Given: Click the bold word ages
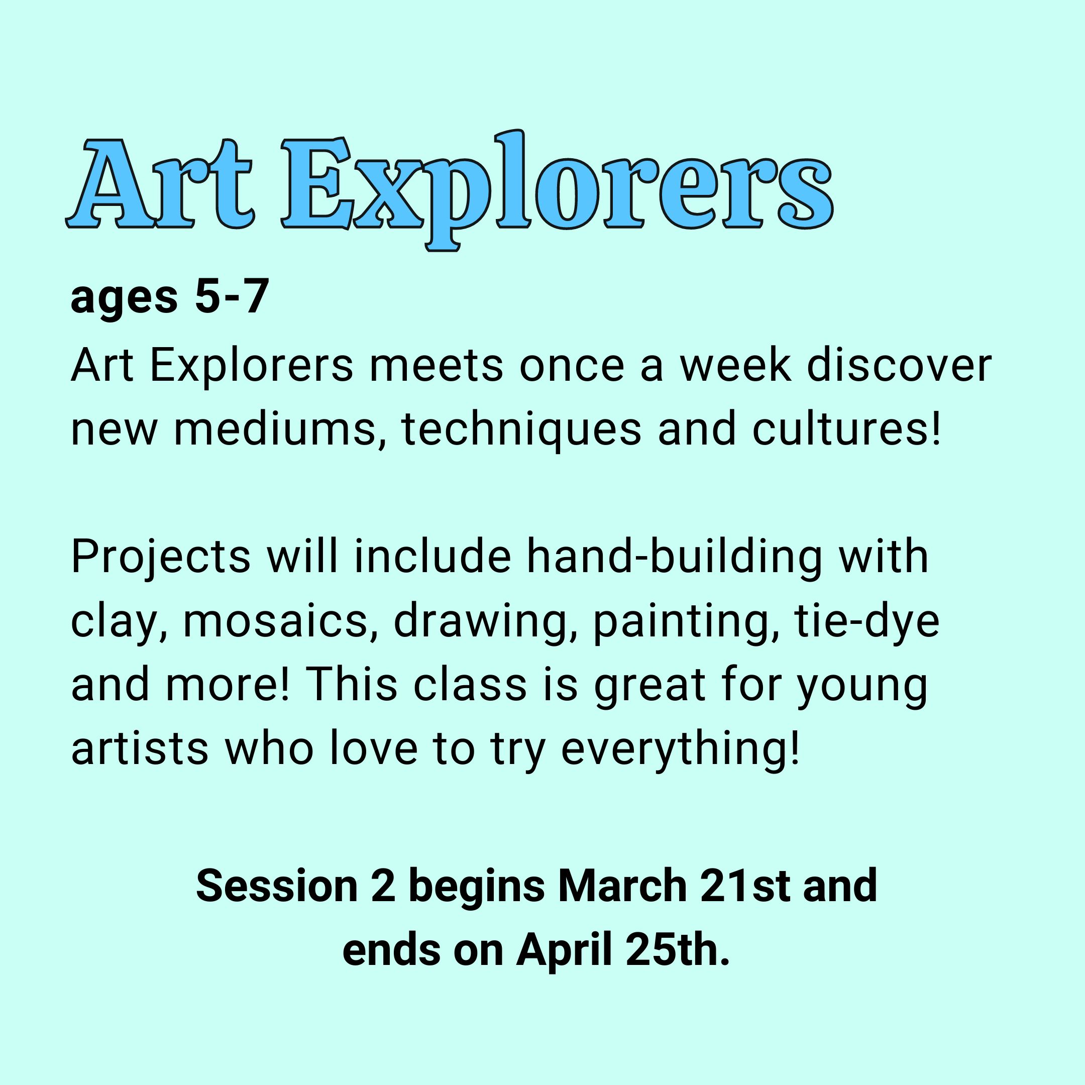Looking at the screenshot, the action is tap(124, 301).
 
